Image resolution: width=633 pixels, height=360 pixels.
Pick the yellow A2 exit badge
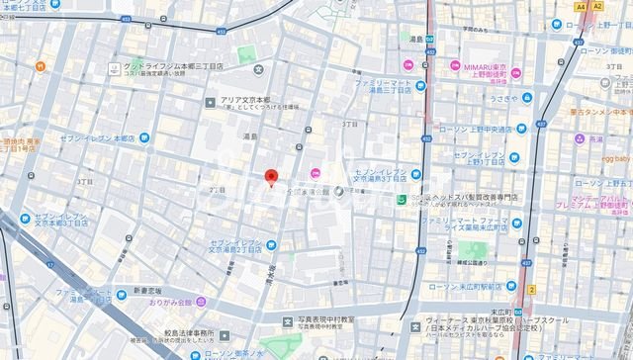596,6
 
